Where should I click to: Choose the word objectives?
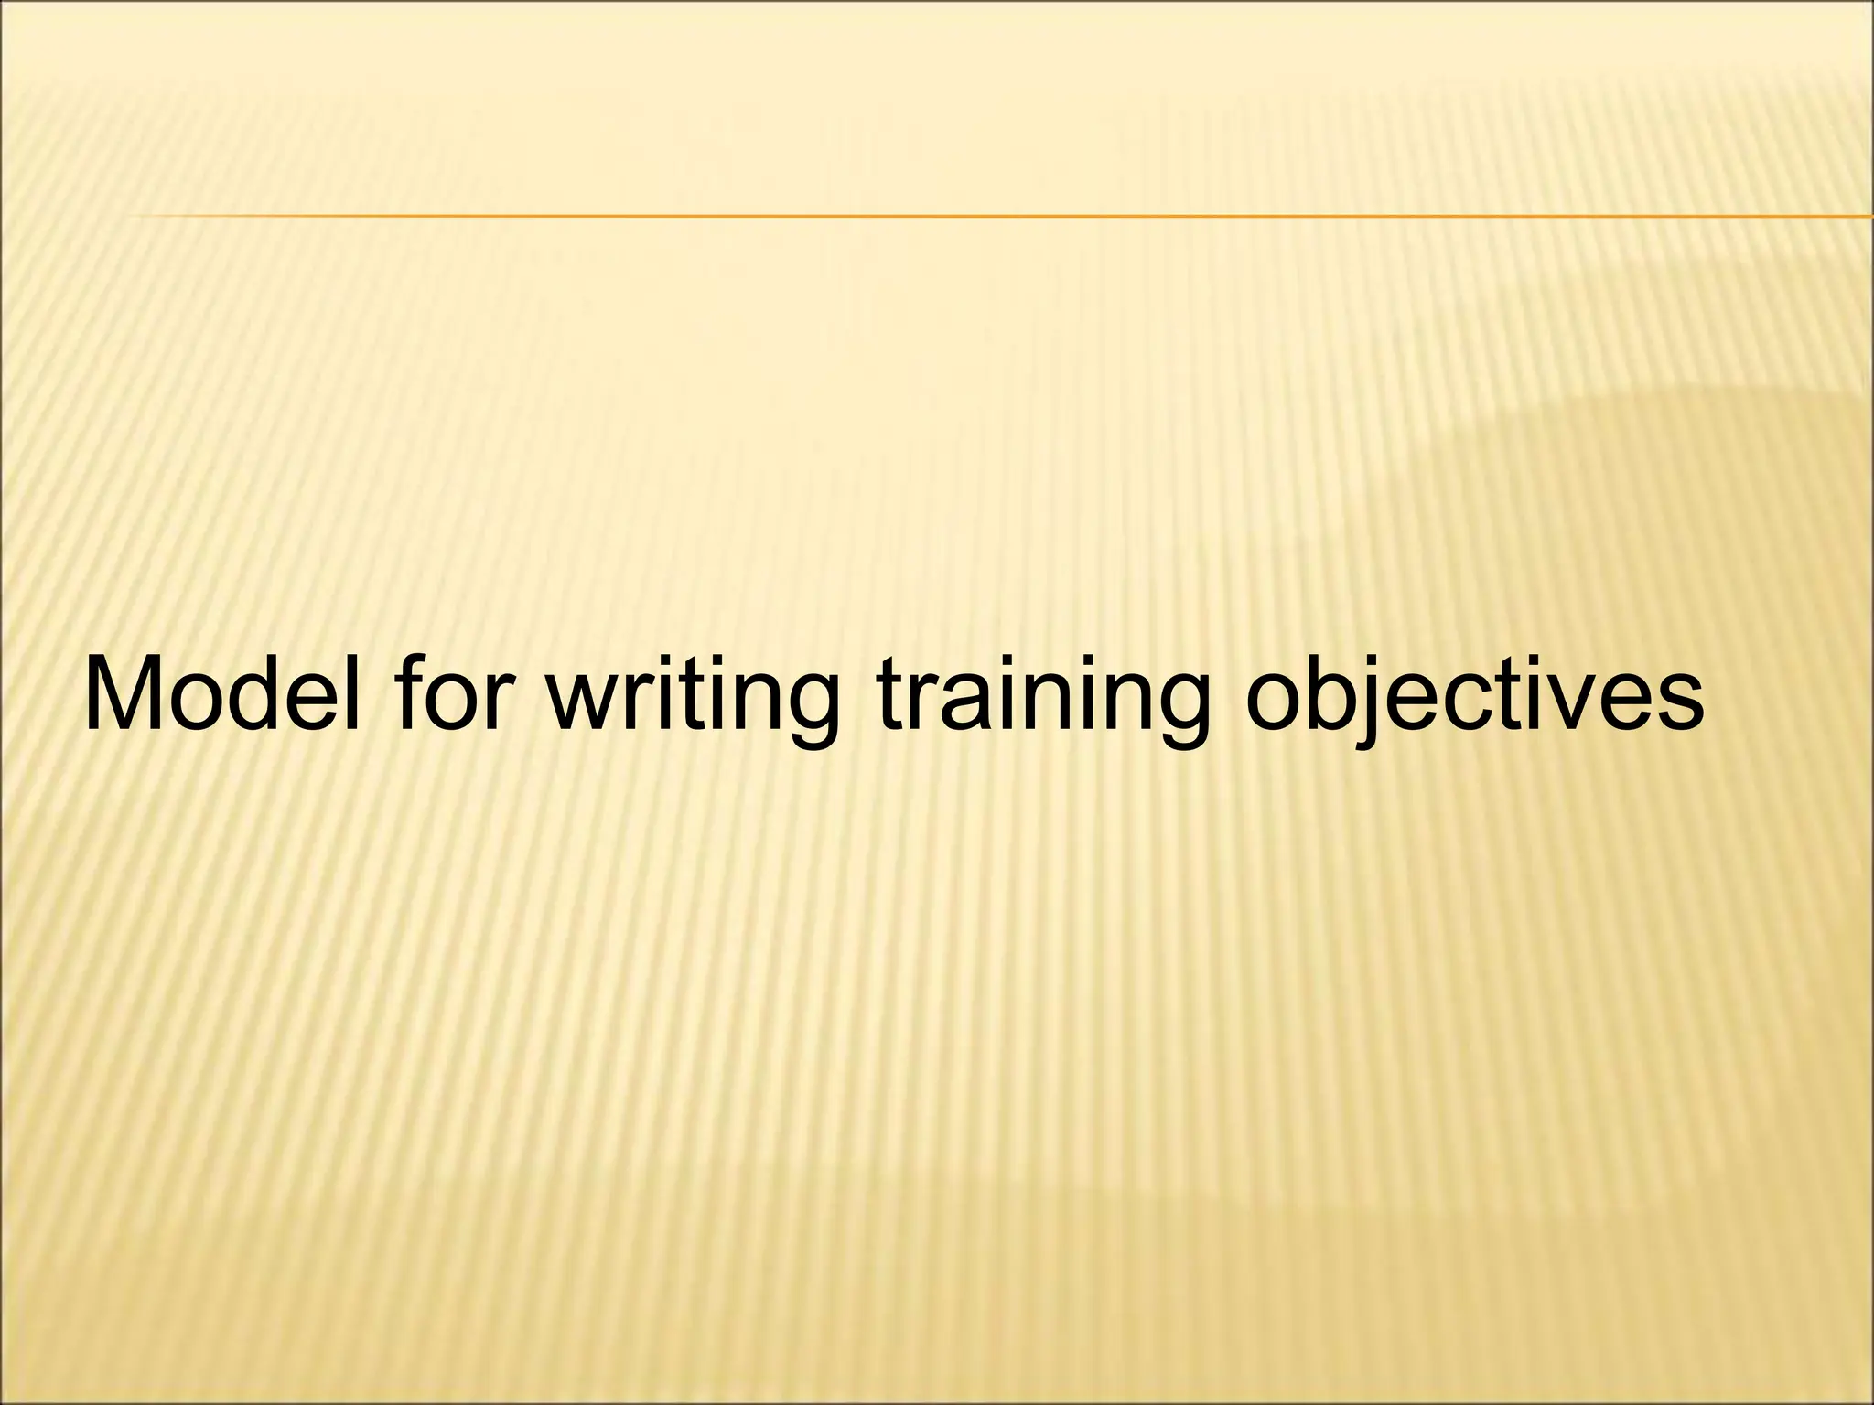pos(1474,695)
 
